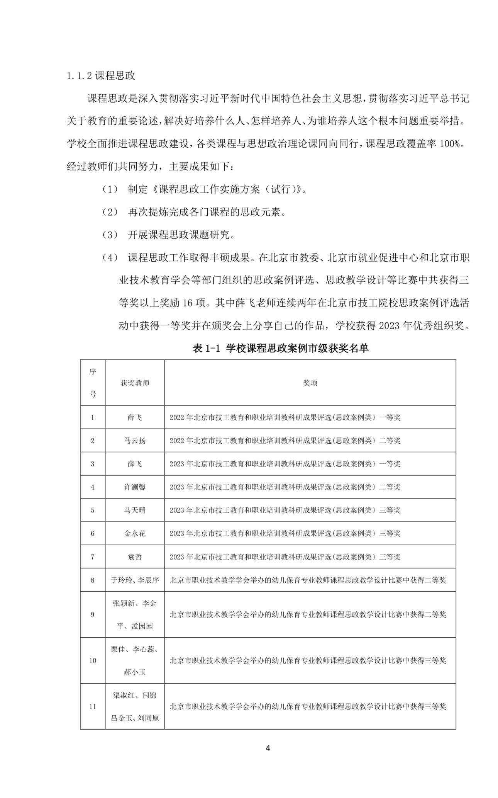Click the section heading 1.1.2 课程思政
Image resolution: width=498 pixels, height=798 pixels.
101,76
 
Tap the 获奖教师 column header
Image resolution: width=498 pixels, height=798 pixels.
135,383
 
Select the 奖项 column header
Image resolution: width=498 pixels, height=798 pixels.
310,383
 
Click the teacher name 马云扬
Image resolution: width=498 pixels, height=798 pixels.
135,441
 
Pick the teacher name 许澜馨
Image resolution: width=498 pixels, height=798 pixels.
135,487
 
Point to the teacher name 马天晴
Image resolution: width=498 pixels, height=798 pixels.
135,510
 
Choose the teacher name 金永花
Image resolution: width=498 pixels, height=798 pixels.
135,533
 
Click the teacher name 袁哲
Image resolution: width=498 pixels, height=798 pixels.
135,557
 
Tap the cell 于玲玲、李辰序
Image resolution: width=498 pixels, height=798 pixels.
135,580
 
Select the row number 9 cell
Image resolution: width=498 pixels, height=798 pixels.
93,614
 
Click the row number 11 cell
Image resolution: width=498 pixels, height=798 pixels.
93,707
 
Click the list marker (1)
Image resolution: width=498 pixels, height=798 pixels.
110,189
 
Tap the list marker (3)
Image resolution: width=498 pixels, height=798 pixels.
110,235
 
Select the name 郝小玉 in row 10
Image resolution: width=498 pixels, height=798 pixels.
135,672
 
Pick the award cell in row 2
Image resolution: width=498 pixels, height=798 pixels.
285,441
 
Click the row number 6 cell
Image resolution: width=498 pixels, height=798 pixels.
93,533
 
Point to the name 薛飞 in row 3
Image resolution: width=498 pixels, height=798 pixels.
135,464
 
